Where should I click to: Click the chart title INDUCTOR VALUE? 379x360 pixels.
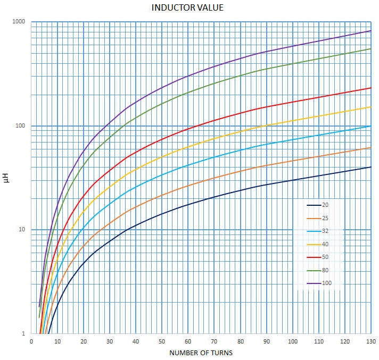[187, 7]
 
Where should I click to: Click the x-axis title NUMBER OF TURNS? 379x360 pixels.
[201, 353]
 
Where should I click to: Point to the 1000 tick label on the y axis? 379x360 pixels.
[19, 21]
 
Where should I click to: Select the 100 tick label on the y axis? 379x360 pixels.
[20, 125]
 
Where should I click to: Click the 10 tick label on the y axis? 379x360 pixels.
[22, 229]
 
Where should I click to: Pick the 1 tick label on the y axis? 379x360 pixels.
[23, 333]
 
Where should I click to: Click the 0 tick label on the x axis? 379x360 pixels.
[31, 341]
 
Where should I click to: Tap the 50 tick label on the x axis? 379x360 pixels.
[162, 341]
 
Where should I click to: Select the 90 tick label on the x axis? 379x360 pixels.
[267, 341]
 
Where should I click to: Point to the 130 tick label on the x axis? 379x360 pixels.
[371, 341]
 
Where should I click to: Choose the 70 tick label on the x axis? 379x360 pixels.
[214, 341]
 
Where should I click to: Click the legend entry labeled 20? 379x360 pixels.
[318, 205]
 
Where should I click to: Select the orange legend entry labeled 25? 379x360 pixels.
[318, 218]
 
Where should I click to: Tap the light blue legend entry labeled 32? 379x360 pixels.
[318, 231]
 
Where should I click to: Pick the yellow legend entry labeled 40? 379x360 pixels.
[318, 245]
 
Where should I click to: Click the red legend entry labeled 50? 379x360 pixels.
[318, 257]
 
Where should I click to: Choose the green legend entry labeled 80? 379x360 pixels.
[318, 271]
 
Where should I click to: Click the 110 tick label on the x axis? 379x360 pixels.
[319, 341]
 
